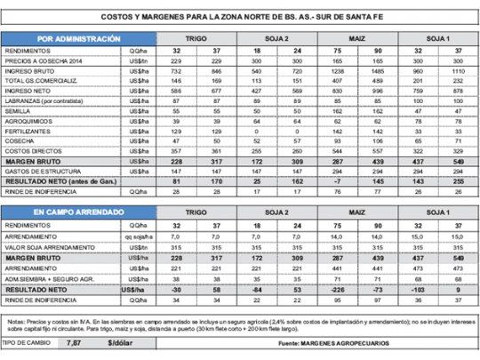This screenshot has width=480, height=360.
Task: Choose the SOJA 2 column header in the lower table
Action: click(281, 214)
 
